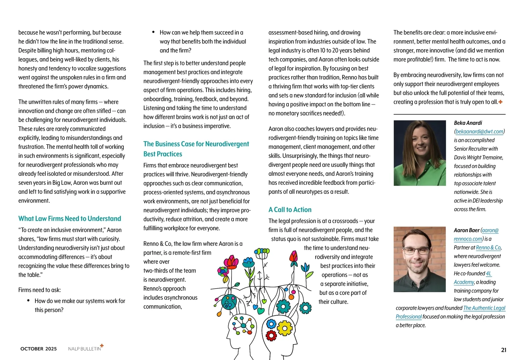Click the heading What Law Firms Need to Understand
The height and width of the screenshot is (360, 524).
click(x=70, y=219)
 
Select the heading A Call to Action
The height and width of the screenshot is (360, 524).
click(x=290, y=210)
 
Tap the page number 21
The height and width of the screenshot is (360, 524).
click(x=504, y=350)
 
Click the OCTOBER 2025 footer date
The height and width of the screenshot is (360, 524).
click(x=38, y=349)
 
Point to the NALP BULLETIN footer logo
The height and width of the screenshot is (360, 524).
click(x=85, y=348)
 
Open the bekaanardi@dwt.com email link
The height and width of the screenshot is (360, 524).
click(x=479, y=131)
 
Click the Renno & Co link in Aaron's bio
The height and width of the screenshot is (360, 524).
click(x=488, y=247)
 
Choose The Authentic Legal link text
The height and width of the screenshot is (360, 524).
click(x=484, y=308)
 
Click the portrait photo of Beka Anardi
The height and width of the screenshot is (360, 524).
click(x=420, y=153)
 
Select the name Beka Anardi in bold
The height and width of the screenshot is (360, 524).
click(x=468, y=123)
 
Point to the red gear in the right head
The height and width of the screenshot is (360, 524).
click(x=271, y=335)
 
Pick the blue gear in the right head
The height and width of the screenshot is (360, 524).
click(x=271, y=324)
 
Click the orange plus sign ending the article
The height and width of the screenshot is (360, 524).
click(x=500, y=102)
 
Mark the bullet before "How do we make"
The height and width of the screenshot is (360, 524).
click(x=28, y=301)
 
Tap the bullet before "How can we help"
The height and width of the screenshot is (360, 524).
click(x=153, y=32)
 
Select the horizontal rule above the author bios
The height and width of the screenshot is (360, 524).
click(x=449, y=114)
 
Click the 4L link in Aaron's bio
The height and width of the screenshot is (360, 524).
click(x=489, y=274)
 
